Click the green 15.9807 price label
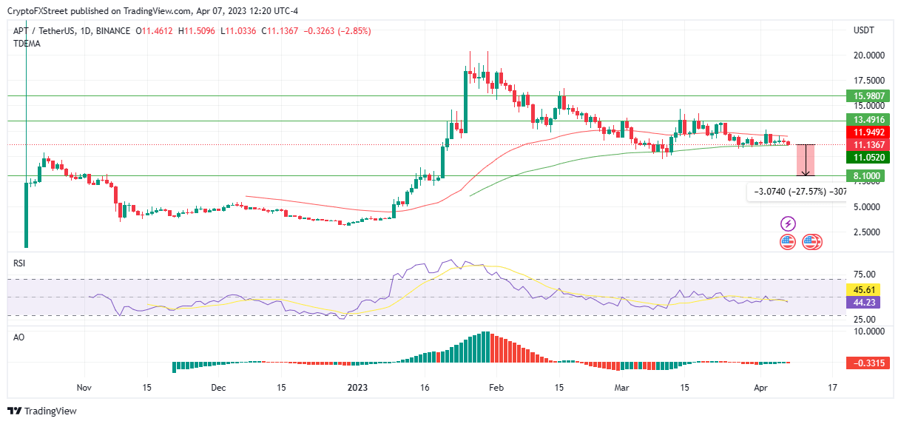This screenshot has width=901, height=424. point(867,96)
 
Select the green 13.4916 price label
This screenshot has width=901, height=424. point(867,120)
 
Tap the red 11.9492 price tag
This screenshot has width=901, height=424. point(867,132)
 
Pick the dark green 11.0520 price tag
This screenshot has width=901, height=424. point(867,157)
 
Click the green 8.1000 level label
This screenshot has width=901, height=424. point(867,176)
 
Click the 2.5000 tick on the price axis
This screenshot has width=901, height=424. point(868,232)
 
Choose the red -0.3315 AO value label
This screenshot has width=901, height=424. point(867,363)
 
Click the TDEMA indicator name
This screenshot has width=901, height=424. point(27,44)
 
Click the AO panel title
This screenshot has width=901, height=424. point(19,336)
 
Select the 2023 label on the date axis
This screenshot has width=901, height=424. point(357,387)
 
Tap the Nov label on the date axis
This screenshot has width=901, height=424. point(84,387)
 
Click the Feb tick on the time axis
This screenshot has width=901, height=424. point(496,387)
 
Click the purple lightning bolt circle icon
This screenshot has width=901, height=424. point(788,223)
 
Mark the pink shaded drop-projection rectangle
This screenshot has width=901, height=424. point(806,160)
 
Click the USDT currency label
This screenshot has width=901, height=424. point(864,30)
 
